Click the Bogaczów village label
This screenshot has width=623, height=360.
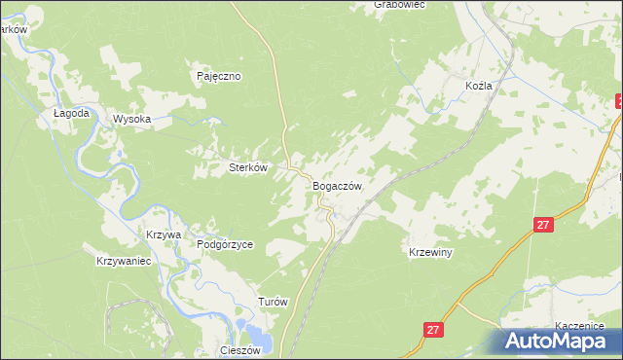click(x=338, y=186)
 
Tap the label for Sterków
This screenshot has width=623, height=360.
click(x=247, y=167)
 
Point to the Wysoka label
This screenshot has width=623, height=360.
click(x=132, y=119)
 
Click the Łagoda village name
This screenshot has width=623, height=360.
click(x=72, y=113)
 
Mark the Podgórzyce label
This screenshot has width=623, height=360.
click(x=225, y=245)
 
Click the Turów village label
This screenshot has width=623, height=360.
click(x=273, y=302)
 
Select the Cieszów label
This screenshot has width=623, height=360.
click(x=241, y=350)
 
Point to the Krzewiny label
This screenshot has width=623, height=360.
click(x=431, y=252)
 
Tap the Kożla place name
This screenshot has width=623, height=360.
click(x=478, y=86)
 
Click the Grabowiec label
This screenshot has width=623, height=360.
click(x=399, y=5)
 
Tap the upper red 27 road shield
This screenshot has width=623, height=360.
click(x=543, y=225)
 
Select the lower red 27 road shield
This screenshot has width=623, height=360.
click(x=434, y=330)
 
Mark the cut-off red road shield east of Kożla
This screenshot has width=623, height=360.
click(x=619, y=100)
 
